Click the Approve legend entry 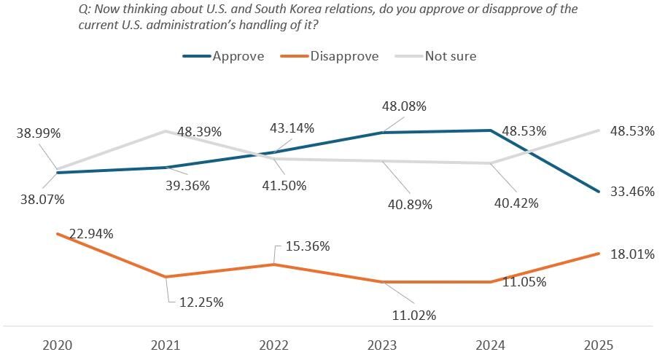tap(238, 56)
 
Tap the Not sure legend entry tap(451, 56)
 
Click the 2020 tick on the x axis tap(58, 345)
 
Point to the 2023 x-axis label tap(382, 345)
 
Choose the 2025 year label tap(599, 345)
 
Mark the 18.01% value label tap(631, 254)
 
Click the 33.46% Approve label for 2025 tap(631, 192)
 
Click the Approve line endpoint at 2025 tap(599, 192)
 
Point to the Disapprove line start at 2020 tap(58, 234)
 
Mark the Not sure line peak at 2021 tap(166, 131)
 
